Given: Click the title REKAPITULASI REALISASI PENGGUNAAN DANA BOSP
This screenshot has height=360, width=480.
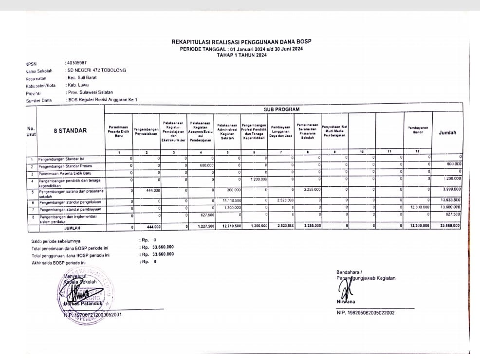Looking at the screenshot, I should click(241, 42).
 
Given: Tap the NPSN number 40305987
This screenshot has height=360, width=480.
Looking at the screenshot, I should click(77, 63).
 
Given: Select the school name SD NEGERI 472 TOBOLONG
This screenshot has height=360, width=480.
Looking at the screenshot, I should click(97, 70).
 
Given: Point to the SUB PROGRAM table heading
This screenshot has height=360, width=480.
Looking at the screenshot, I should click(282, 109).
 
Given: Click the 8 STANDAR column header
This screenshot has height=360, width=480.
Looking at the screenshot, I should click(70, 130).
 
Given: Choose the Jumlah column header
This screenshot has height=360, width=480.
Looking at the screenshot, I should click(447, 132).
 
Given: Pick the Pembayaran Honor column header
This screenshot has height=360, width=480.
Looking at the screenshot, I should click(417, 130).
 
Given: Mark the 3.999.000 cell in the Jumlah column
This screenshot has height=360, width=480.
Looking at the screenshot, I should click(452, 189).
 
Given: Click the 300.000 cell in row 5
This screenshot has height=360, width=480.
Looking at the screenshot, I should click(233, 189).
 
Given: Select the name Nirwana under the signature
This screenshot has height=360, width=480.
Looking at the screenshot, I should click(346, 301).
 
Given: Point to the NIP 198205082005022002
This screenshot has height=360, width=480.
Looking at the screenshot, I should click(366, 313).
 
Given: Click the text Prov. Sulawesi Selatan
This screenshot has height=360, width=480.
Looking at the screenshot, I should click(91, 92).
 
